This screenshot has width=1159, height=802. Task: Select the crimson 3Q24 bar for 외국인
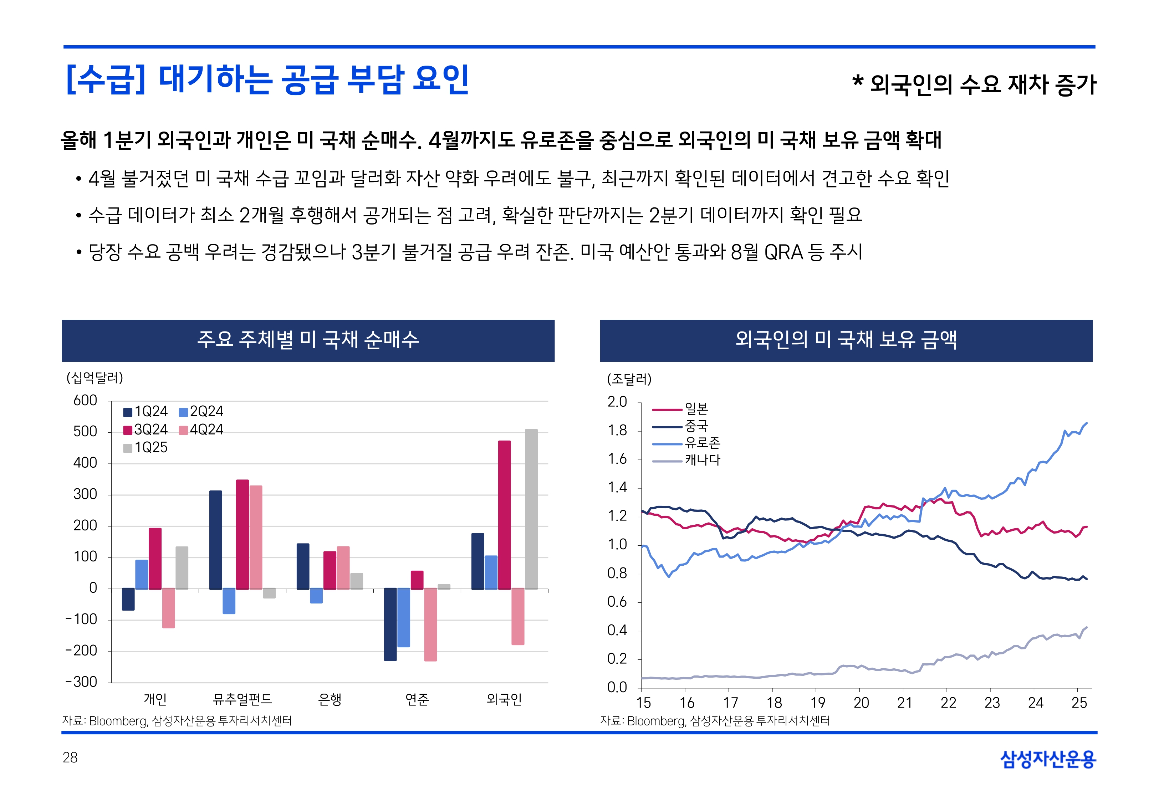point(504,515)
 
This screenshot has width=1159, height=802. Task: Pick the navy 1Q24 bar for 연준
point(390,624)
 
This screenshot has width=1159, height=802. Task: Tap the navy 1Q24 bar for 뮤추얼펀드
point(216,540)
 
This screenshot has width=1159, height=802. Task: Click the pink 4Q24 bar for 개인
point(169,608)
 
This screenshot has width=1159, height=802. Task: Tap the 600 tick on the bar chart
point(85,401)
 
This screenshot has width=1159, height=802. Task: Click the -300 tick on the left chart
point(81,682)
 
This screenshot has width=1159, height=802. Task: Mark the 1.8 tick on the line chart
point(617,431)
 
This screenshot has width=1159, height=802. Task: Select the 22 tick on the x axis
point(948,703)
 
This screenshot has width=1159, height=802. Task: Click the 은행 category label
point(330,699)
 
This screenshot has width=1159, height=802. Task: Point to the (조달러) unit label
point(629,379)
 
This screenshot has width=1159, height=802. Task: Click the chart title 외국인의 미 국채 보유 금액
point(846,340)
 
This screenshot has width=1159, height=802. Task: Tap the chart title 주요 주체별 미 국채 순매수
point(308,340)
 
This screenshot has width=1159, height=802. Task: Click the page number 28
point(70,758)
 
